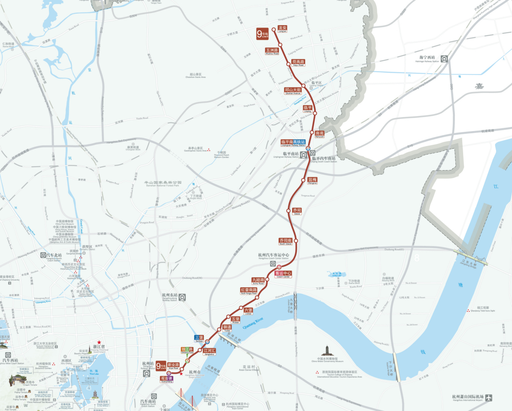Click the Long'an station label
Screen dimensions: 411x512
click(282, 29)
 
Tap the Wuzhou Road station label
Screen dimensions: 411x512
click(272, 51)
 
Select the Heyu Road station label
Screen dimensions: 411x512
click(298, 63)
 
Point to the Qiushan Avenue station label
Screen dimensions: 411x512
click(293, 91)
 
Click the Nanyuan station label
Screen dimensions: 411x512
click(320, 134)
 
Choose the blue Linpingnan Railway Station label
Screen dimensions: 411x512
click(293, 143)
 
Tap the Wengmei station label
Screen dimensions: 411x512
click(312, 180)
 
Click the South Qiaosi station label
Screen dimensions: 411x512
click(286, 241)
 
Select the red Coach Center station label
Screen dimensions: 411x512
click(283, 274)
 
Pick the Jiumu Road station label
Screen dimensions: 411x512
click(258, 281)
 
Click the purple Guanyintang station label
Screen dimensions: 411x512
click(166, 379)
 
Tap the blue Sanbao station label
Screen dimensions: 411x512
click(199, 339)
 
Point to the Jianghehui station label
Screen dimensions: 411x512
click(209, 352)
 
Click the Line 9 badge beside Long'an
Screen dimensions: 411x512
click(262, 34)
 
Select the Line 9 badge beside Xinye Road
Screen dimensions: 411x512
click(161, 366)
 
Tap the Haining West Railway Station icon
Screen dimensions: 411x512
click(444, 59)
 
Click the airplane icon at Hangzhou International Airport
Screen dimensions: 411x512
click(488, 398)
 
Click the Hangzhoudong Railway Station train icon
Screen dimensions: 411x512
click(182, 297)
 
